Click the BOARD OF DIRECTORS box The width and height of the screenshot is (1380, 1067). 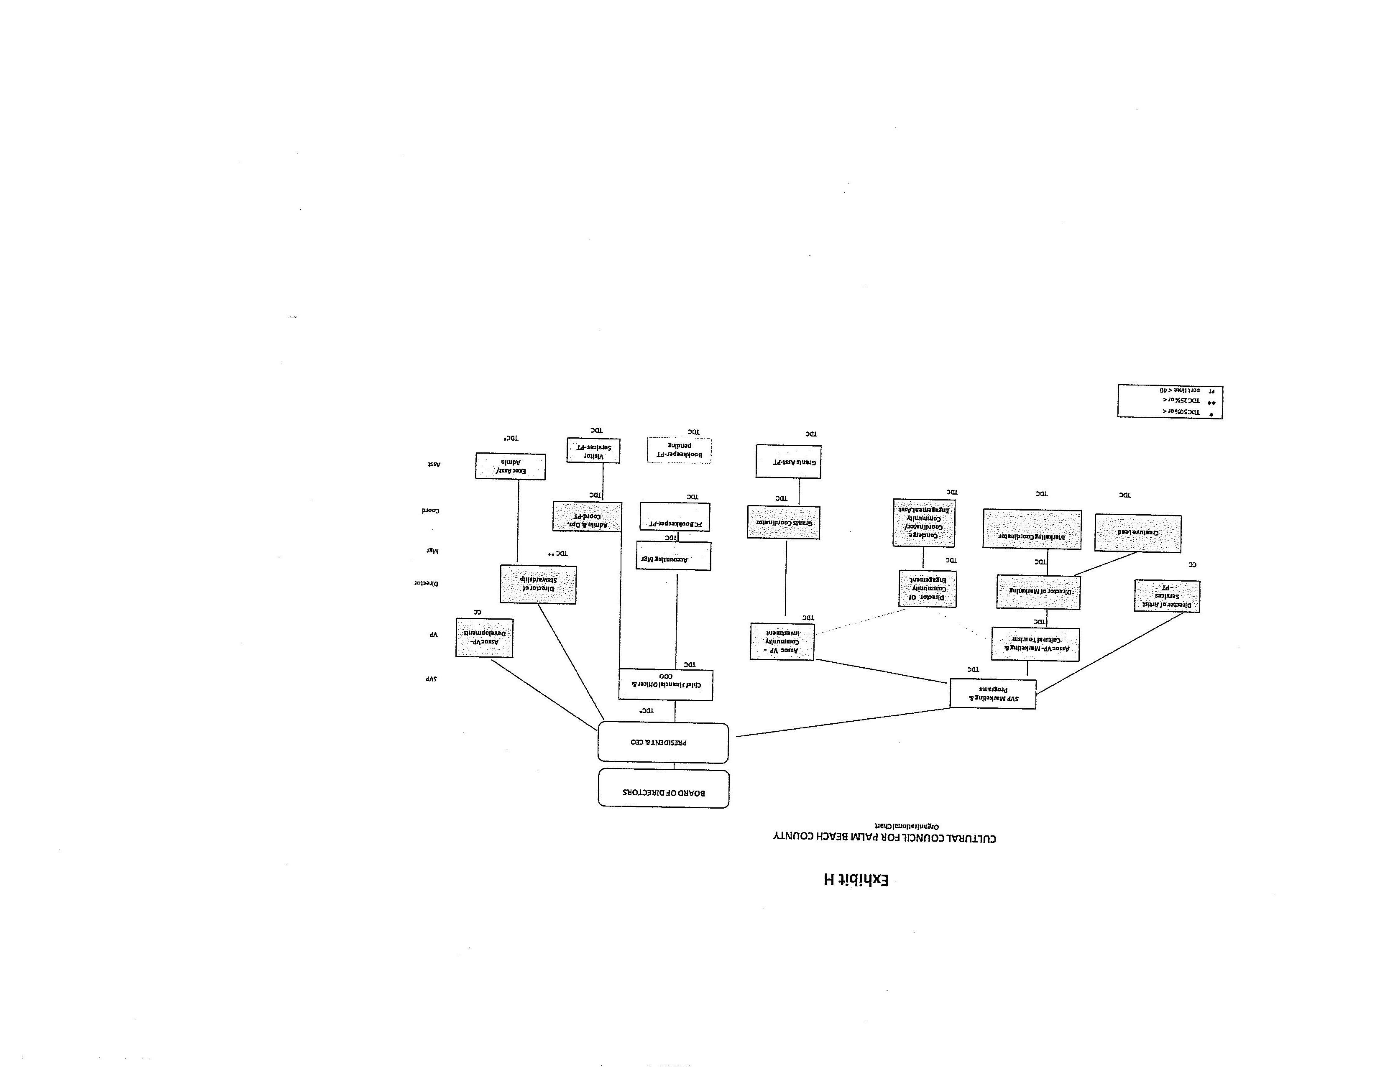coord(664,789)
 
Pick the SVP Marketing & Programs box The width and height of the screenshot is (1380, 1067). coord(993,694)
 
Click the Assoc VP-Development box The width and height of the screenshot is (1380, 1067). coord(484,638)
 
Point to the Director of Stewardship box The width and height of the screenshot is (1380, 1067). coord(538,585)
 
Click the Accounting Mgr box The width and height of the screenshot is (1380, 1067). coord(673,556)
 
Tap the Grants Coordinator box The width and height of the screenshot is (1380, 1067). coord(784,523)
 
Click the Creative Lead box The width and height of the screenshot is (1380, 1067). coord(1137,533)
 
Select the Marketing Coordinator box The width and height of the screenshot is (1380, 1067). coord(1031,529)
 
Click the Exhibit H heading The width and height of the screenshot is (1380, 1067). coord(856,879)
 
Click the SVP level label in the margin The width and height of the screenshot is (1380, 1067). coord(430,679)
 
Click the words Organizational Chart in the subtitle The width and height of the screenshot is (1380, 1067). coord(906,826)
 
